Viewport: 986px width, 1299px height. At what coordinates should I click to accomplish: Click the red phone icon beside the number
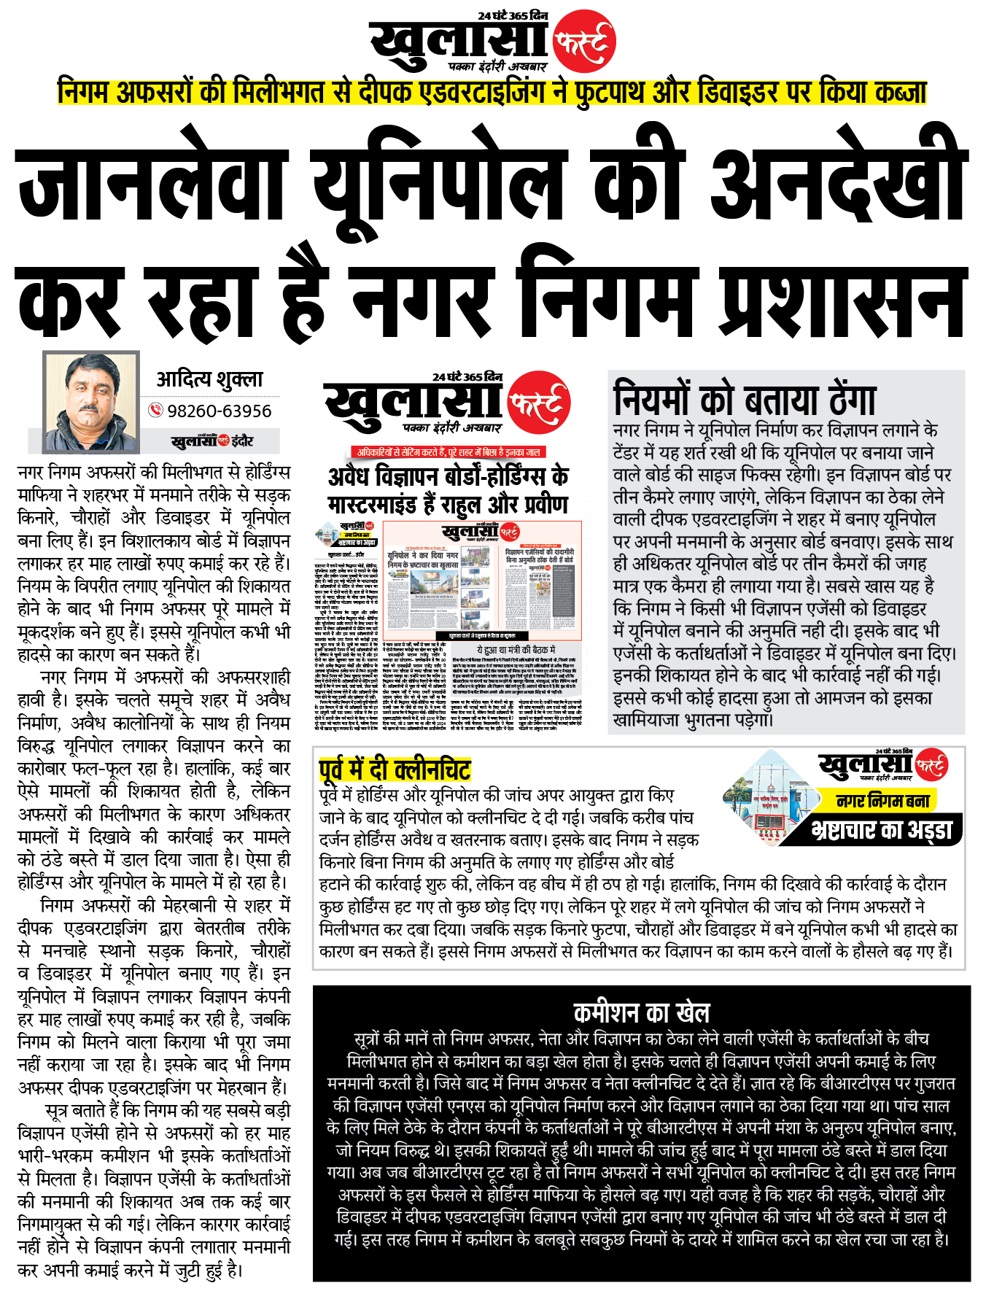coord(155,410)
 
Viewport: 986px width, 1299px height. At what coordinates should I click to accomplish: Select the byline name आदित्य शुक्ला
coord(209,379)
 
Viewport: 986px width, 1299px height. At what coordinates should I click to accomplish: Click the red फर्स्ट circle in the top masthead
coord(584,42)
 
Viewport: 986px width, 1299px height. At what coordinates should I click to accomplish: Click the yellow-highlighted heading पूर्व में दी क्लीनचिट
coord(395,769)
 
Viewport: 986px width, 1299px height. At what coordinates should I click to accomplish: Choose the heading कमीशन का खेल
coord(641,1012)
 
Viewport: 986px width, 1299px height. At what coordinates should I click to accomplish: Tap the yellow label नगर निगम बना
coord(882,801)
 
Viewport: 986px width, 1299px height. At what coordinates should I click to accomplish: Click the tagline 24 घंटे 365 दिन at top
coord(513,15)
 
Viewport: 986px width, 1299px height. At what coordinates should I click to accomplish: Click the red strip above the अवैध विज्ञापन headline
coord(448,452)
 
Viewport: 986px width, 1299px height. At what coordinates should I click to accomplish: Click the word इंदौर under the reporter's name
coord(243,441)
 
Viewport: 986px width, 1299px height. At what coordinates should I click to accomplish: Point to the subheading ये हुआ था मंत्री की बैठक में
coord(516,649)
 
